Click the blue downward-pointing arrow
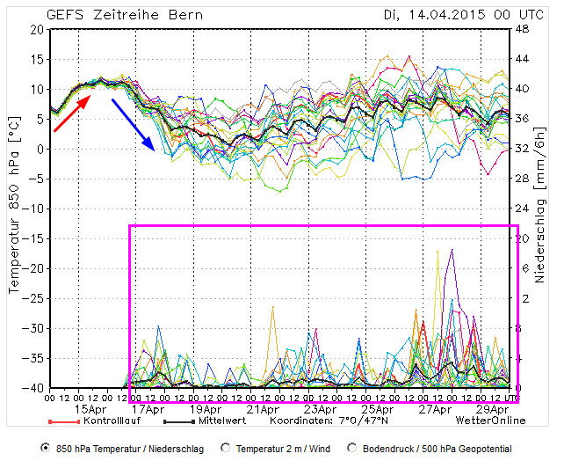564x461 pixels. tap(133, 123)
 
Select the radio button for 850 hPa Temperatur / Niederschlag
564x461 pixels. tap(46, 448)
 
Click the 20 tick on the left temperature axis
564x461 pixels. tap(36, 29)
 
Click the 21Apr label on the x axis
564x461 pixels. tap(264, 409)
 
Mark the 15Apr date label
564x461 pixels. tap(91, 409)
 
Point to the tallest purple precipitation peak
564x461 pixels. tap(452, 251)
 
